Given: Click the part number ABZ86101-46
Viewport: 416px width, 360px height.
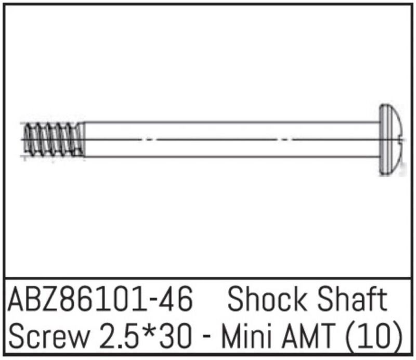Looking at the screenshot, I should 101,301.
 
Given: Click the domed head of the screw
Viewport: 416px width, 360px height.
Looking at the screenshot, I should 391,139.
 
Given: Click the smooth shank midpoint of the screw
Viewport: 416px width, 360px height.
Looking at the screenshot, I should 231,139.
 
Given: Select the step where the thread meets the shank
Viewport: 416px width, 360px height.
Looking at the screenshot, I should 84,139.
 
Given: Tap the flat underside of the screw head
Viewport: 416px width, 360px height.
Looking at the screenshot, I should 380,139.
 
